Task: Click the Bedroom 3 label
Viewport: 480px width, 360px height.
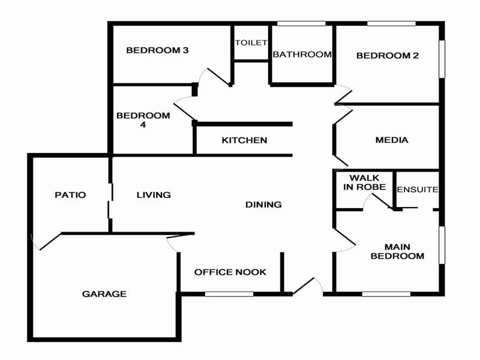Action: (x=157, y=50)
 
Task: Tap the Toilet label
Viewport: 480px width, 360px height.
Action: (x=250, y=43)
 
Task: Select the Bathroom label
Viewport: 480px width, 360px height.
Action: (x=302, y=55)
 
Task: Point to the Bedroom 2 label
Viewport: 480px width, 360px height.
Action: (x=387, y=56)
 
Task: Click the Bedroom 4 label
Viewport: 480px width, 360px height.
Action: (x=134, y=120)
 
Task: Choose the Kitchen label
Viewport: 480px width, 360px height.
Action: (x=244, y=140)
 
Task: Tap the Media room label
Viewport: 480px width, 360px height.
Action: (x=391, y=140)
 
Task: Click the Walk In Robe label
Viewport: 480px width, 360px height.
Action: (x=364, y=182)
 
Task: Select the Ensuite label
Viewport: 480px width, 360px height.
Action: (x=418, y=190)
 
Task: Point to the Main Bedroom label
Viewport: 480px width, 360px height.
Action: (x=397, y=251)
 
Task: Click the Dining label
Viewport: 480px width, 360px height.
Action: (x=263, y=205)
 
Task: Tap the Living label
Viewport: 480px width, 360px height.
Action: (x=154, y=194)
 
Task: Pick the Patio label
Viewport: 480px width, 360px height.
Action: (x=70, y=194)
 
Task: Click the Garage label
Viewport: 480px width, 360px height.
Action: (x=104, y=294)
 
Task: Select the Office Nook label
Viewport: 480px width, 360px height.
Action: (x=230, y=272)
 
